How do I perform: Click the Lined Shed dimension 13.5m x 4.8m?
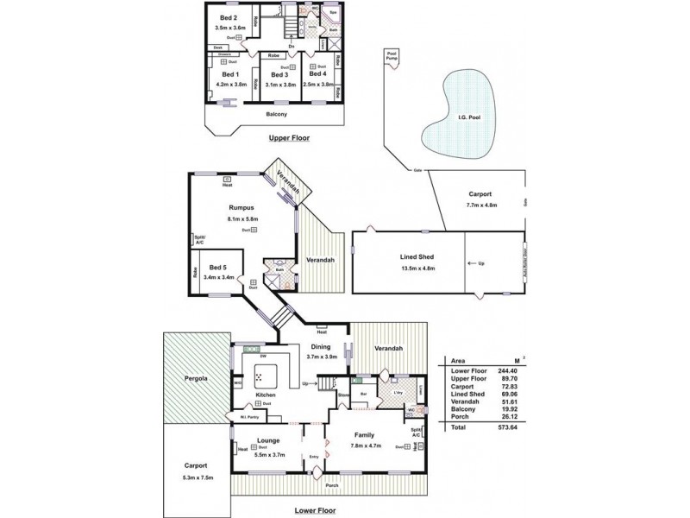click(x=417, y=268)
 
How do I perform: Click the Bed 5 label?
click(x=219, y=268)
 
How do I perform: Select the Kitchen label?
click(x=266, y=395)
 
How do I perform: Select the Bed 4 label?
click(x=318, y=74)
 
